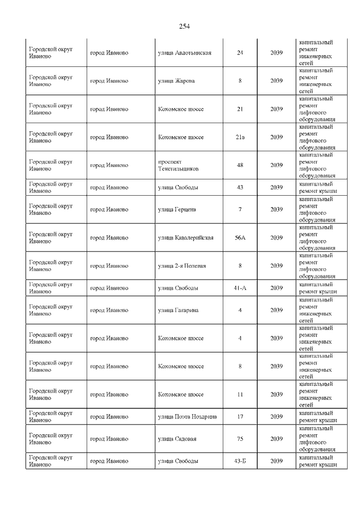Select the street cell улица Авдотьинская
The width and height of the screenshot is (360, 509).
[184, 53]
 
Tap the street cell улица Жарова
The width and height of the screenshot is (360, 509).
[177, 81]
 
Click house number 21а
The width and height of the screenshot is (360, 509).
[240, 137]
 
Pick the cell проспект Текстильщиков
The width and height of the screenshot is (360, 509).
[177, 165]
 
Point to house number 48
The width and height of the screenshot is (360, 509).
[240, 165]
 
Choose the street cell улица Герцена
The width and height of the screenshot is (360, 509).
[177, 210]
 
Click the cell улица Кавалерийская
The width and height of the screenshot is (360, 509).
[186, 238]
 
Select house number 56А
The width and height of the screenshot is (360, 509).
[240, 238]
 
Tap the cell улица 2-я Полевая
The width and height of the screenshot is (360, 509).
[182, 266]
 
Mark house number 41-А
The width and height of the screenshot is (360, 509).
[240, 288]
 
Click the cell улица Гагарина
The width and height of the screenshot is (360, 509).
[178, 310]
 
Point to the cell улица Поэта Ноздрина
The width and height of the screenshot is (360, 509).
[187, 417]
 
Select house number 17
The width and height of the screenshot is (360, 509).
[240, 417]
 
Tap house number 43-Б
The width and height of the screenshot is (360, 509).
[240, 461]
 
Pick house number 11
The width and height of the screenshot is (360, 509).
[240, 395]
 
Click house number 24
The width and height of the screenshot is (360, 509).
[240, 53]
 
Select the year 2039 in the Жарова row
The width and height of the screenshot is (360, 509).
[276, 81]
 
